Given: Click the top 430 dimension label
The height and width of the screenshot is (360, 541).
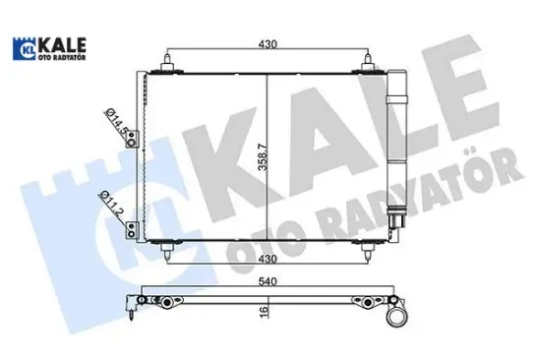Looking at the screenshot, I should [x=269, y=44].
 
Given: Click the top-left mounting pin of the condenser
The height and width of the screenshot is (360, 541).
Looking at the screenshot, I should [x=169, y=65].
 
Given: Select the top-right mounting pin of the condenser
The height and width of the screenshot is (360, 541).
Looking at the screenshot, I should [x=369, y=65].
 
